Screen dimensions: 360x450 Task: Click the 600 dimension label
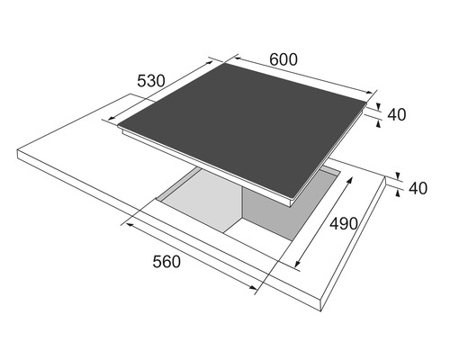click(283, 59)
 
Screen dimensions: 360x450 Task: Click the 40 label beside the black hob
click(398, 114)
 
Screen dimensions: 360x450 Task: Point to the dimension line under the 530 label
click(157, 94)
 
